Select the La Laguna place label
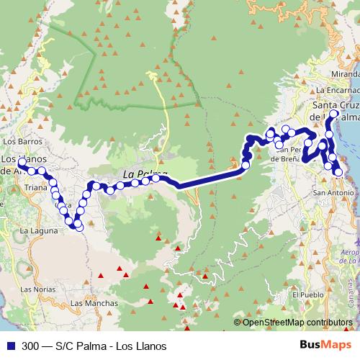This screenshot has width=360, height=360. (x=34, y=231)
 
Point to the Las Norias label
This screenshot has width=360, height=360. (x=36, y=289)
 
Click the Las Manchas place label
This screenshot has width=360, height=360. (x=94, y=303)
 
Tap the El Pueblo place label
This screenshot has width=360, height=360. (x=305, y=295)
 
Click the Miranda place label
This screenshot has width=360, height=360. (x=344, y=74)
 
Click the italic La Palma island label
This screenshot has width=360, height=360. (x=144, y=174)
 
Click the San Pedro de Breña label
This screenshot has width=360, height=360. (x=288, y=156)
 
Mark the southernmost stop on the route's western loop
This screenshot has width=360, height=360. (x=78, y=228)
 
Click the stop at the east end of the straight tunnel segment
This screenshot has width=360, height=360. (x=246, y=166)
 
